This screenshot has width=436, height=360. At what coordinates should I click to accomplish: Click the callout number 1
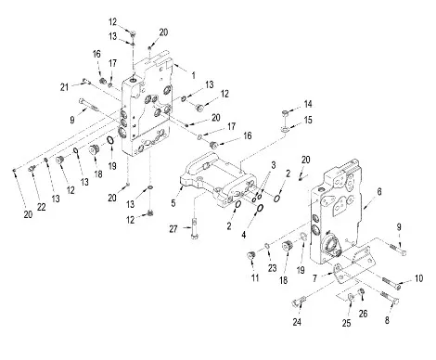point(194,75)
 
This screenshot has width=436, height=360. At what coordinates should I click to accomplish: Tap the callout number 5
point(173,203)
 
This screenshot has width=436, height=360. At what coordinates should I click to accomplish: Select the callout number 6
point(379,192)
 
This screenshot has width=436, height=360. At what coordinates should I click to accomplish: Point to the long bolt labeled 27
point(194,229)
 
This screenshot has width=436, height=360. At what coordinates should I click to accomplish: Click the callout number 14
point(308,104)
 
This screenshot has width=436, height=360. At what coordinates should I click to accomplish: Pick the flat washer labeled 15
point(285,130)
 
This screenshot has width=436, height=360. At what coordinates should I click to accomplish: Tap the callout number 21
point(64,87)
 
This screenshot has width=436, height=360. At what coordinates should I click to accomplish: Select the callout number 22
point(42,207)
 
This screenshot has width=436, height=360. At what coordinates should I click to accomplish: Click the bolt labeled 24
point(299,301)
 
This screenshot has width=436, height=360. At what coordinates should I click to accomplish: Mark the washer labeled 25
point(351,297)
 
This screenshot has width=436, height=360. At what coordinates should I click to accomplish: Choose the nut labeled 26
point(360,291)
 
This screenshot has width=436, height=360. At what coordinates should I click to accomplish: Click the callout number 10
point(418,278)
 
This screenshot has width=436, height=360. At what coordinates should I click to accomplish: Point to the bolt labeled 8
point(390,297)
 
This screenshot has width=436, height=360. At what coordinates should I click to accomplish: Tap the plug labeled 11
point(250,255)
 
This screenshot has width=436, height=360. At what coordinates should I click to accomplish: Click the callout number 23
point(272,268)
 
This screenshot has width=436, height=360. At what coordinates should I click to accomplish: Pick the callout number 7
point(314,278)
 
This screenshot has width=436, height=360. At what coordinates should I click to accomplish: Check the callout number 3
point(273,165)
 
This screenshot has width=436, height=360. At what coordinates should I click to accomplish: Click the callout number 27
point(173,229)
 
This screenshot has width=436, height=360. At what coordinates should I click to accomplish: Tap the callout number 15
point(308,120)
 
